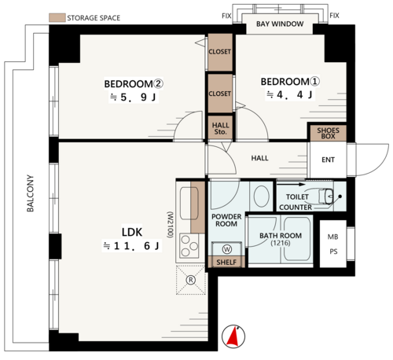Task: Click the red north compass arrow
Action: pyautogui.click(x=233, y=337)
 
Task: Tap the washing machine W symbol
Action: pyautogui.click(x=227, y=249)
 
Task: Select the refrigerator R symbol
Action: pyautogui.click(x=191, y=280)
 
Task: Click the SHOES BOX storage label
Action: pyautogui.click(x=328, y=134)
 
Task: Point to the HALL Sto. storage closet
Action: pyautogui.click(x=220, y=127)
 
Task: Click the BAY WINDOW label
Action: pyautogui.click(x=280, y=24)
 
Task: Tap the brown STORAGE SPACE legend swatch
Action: pyautogui.click(x=57, y=17)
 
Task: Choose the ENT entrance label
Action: pyautogui.click(x=328, y=160)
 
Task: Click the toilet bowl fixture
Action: pyautogui.click(x=326, y=197)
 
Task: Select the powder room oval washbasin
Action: pyautogui.click(x=261, y=197)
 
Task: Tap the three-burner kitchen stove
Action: pyautogui.click(x=189, y=246)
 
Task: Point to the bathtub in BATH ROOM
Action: pyautogui.click(x=297, y=239)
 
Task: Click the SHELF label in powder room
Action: pyautogui.click(x=226, y=263)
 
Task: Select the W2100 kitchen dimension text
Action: pyautogui.click(x=170, y=225)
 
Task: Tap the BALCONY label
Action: pyautogui.click(x=30, y=193)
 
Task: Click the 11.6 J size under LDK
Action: pyautogui.click(x=132, y=246)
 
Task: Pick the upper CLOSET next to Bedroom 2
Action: pyautogui.click(x=220, y=53)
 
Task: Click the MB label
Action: pyautogui.click(x=332, y=237)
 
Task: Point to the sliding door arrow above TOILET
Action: pyautogui.click(x=291, y=185)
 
